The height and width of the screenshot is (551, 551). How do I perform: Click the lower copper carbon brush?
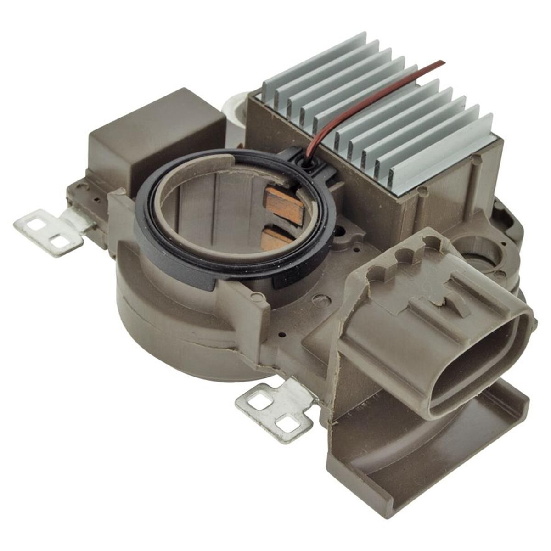click(275, 237)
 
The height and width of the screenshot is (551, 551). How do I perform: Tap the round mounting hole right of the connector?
click(478, 250)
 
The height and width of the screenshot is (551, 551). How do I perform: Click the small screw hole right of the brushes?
click(341, 229)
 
